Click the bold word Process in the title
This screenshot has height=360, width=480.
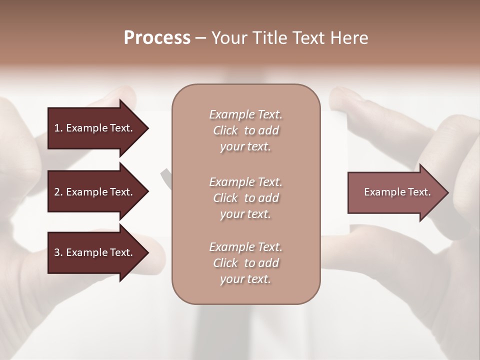(x=157, y=38)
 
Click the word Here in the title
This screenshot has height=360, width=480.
(x=349, y=38)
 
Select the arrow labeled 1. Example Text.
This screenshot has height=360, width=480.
(x=95, y=128)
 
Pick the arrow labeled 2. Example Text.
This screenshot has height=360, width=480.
(x=95, y=192)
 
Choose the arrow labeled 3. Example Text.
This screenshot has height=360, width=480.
(x=95, y=252)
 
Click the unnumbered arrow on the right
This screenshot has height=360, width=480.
(x=395, y=192)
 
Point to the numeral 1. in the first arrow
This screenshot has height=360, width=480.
(x=58, y=128)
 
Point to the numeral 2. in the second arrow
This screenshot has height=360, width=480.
(x=58, y=192)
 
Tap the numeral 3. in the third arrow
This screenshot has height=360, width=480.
(x=58, y=252)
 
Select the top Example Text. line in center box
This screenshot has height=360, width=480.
(x=245, y=114)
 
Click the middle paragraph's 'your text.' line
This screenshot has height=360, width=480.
(x=245, y=214)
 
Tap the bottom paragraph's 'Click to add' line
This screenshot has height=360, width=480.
(x=245, y=263)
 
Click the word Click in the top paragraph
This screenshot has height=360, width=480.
(x=225, y=130)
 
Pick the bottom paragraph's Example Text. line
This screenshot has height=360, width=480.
(x=245, y=247)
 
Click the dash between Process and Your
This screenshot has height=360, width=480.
(x=200, y=38)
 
